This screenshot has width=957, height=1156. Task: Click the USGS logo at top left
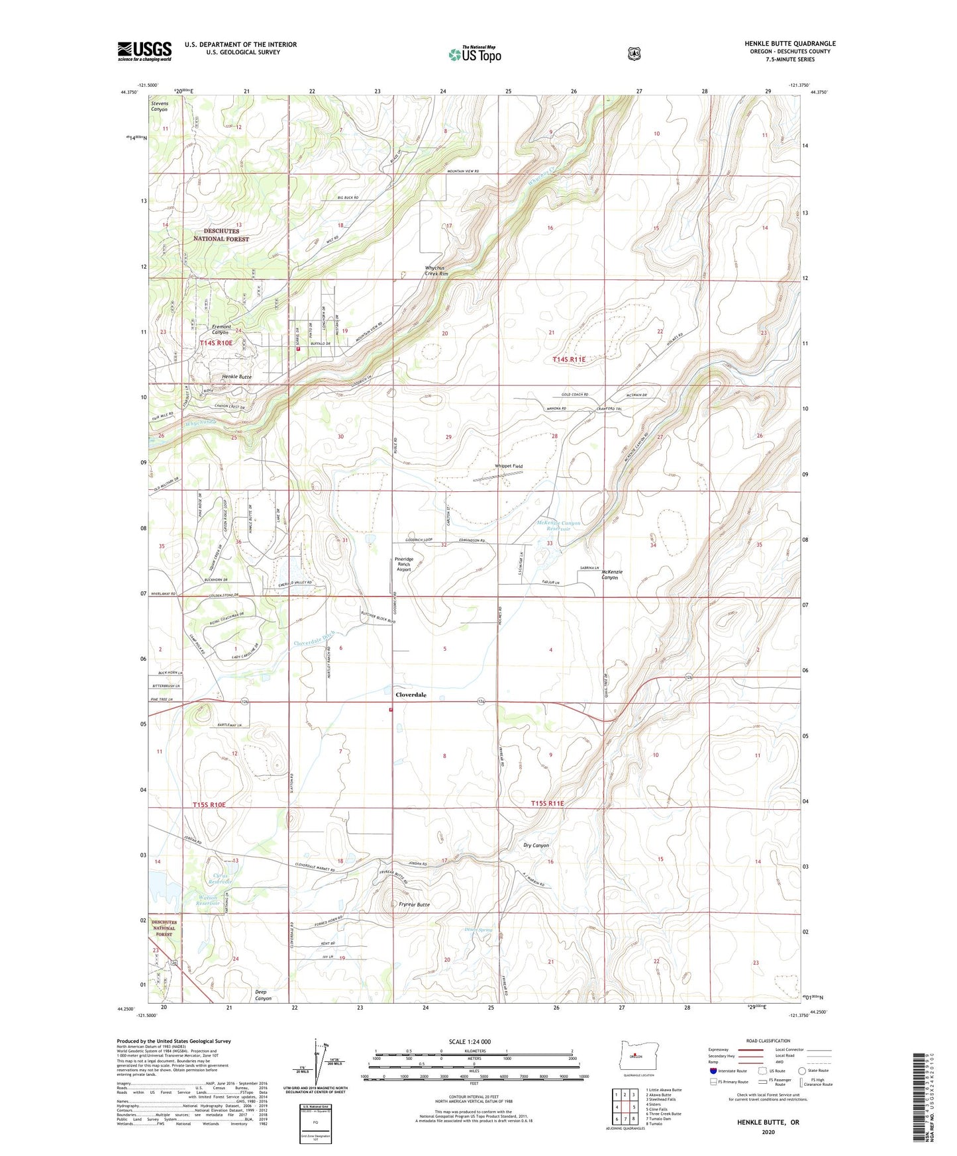tap(144, 51)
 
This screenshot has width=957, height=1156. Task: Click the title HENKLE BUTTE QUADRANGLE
tap(789, 44)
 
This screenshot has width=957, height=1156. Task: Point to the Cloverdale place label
tap(411, 695)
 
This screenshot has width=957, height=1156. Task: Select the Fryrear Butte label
tap(414, 904)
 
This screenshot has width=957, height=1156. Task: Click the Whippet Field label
tap(509, 466)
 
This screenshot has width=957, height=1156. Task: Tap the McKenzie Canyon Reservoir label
tap(558, 526)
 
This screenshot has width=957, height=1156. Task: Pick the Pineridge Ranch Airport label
tap(404, 564)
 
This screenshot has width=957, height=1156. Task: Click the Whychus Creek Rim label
tap(436, 271)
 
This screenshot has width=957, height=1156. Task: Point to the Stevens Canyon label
tap(160, 106)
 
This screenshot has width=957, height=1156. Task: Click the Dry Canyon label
tap(536, 845)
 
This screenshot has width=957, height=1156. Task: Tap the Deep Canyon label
tap(263, 995)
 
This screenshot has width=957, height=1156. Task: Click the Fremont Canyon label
tap(221, 329)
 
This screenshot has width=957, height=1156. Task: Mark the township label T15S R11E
tap(547, 803)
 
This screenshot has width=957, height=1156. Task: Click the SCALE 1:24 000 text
tap(470, 1041)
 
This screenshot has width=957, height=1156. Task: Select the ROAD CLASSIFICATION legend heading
tap(768, 1041)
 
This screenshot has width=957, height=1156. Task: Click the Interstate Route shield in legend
tap(713, 1070)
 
